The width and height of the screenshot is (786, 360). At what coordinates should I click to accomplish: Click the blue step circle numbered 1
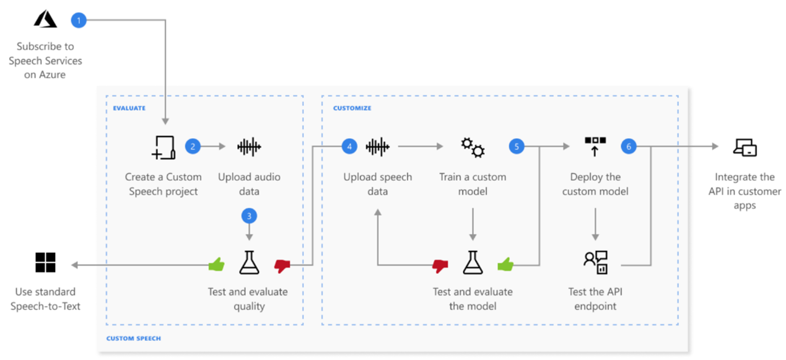point(79,20)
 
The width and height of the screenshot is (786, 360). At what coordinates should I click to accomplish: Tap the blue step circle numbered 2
point(193,147)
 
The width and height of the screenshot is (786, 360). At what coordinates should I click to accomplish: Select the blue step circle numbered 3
point(249,216)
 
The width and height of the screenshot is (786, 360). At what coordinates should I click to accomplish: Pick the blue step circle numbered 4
point(349,147)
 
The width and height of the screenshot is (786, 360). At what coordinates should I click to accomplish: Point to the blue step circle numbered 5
point(516,147)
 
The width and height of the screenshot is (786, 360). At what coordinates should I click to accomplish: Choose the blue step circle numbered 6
point(629,147)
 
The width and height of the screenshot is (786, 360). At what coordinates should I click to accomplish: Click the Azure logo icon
point(45,20)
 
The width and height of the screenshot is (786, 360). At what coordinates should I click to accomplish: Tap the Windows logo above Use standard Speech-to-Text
point(45,262)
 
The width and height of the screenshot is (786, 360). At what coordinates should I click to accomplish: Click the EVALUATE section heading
point(129,108)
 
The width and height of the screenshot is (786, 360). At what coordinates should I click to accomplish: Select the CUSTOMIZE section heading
point(352,108)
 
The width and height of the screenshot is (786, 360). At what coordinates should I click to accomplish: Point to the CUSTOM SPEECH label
point(133,338)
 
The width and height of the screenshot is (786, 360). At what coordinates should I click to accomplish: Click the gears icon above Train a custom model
point(473,147)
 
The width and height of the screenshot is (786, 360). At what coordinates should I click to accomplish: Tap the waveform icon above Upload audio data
point(249,147)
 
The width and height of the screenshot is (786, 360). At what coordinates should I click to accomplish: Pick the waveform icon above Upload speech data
point(378,147)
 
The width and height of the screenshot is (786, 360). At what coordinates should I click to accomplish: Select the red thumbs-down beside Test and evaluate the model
point(440,265)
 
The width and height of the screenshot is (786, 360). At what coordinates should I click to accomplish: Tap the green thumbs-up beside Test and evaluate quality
point(216,265)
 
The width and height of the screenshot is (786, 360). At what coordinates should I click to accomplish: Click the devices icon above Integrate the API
point(745,147)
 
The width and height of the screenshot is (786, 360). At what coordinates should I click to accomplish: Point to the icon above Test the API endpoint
point(595,263)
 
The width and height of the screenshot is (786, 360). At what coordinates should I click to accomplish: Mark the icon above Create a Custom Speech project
point(164,147)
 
